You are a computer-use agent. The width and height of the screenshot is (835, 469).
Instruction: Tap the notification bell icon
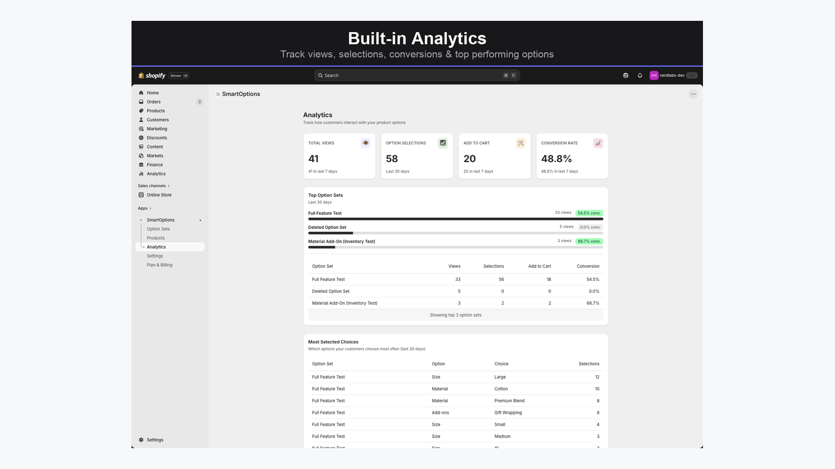click(640, 76)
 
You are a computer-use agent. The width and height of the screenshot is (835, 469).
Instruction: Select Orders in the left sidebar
click(153, 102)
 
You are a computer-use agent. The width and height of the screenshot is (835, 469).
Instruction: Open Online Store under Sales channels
click(159, 195)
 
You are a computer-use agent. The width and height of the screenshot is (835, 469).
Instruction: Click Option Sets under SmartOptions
click(158, 229)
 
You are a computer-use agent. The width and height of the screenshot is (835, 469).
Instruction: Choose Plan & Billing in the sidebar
click(159, 265)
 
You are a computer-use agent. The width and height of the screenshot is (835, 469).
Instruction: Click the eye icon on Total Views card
click(365, 143)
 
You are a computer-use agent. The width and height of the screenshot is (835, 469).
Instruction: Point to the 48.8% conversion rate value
click(556, 159)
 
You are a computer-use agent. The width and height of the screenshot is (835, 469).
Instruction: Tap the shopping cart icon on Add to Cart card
click(520, 143)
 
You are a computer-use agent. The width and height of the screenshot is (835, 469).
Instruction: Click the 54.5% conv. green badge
click(589, 213)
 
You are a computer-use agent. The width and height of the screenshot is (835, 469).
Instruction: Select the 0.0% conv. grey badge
click(590, 227)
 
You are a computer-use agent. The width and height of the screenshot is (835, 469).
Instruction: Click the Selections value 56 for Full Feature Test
click(501, 279)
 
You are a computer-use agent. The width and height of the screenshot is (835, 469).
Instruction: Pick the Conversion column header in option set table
click(588, 266)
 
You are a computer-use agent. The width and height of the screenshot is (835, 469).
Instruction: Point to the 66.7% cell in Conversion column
click(592, 303)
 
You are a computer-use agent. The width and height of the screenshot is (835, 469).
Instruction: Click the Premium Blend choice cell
click(509, 401)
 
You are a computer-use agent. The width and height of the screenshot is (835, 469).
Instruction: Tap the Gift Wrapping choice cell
click(508, 413)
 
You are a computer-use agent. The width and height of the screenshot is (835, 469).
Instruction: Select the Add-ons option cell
click(440, 413)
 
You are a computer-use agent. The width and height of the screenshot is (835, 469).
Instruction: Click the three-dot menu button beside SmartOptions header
click(693, 94)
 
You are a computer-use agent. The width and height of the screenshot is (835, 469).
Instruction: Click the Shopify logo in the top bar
click(152, 76)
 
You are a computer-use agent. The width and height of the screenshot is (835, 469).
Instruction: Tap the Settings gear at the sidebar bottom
click(141, 440)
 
